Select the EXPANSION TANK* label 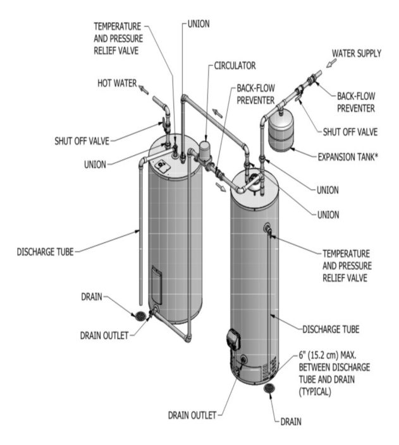pyautogui.click(x=348, y=155)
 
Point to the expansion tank pyautogui.click(x=283, y=131)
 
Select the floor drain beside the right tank pyautogui.click(x=269, y=388)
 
